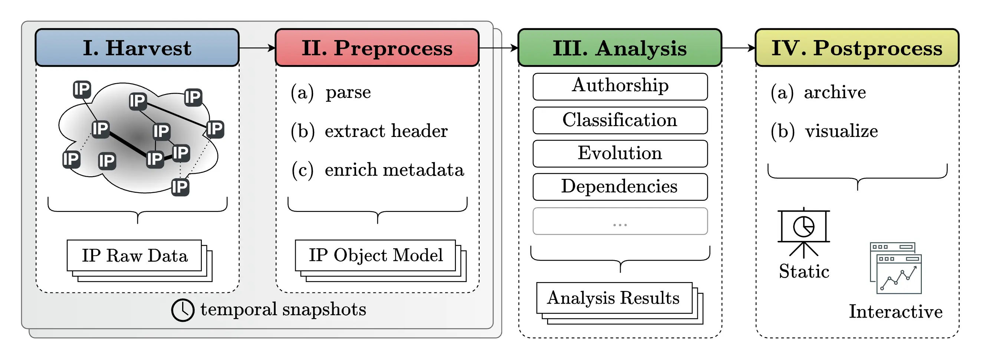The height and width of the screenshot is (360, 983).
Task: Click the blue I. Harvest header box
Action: [x=137, y=48]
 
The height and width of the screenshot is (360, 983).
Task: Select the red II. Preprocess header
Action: [x=377, y=48]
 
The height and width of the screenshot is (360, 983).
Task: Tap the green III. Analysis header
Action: [x=620, y=48]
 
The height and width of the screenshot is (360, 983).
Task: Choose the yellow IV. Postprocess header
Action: [x=857, y=48]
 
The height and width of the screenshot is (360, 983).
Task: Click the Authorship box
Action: [x=620, y=86]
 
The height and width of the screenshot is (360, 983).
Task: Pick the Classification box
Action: [x=620, y=120]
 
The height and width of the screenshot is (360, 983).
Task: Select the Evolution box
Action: [x=620, y=154]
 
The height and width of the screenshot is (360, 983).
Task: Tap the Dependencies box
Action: [x=620, y=187]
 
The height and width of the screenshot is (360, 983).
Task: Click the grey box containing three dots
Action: [x=620, y=221]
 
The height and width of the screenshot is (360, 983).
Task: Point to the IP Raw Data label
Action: [x=135, y=255]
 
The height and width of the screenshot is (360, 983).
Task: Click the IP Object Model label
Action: [x=376, y=255]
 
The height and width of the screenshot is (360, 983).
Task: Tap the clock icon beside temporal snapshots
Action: [x=183, y=310]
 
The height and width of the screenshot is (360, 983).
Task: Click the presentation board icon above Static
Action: [x=803, y=231]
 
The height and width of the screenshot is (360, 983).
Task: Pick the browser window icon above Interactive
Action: [x=896, y=268]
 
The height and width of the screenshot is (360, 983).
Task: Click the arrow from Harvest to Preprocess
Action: [x=257, y=48]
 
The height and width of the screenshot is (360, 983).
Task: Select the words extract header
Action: [x=386, y=131]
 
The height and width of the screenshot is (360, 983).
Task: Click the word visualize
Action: [x=841, y=131]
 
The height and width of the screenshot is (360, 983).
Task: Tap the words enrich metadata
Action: [x=394, y=170]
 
